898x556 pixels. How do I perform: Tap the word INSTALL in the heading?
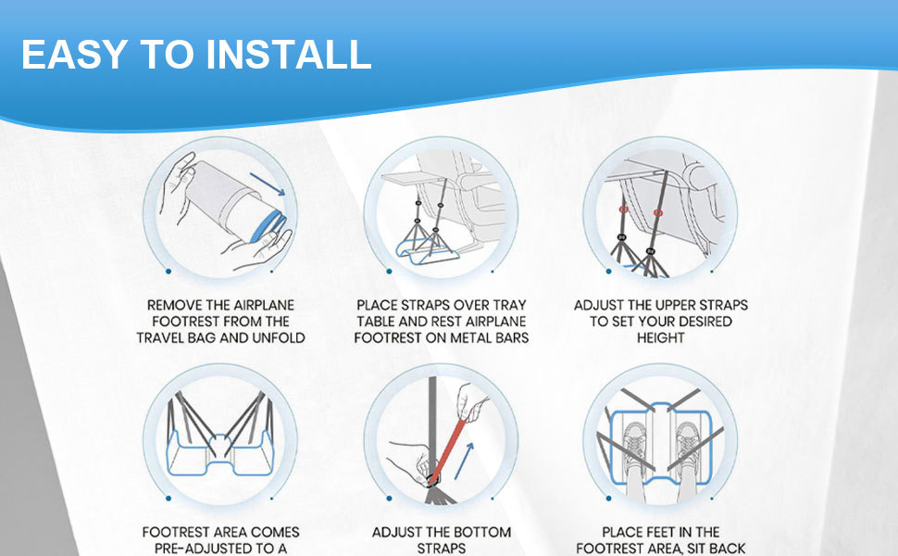pyautogui.click(x=289, y=55)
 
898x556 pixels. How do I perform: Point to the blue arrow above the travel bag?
pyautogui.click(x=268, y=184)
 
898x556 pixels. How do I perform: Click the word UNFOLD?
pyautogui.click(x=279, y=337)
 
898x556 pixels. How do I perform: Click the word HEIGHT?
pyautogui.click(x=661, y=337)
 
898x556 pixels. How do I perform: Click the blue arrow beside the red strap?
pyautogui.click(x=465, y=461)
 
